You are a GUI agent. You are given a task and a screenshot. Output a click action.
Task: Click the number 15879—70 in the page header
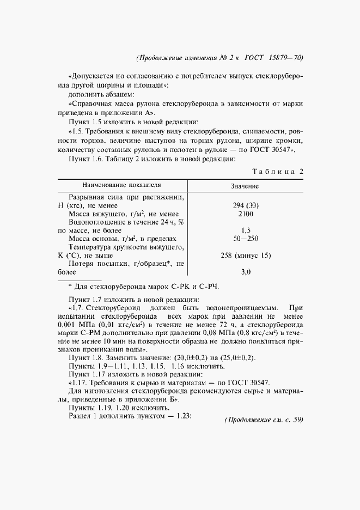point(284,58)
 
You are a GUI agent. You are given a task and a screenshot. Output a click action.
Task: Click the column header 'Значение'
point(245,186)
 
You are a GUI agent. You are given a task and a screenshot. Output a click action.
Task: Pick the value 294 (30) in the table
point(245,205)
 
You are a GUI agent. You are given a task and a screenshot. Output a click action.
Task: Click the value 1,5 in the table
point(245,230)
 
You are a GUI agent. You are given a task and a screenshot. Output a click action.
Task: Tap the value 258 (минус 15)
point(245,255)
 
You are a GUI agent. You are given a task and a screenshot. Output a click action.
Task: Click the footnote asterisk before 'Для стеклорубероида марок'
point(70,287)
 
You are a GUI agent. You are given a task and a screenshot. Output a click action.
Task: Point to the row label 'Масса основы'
point(96,239)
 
